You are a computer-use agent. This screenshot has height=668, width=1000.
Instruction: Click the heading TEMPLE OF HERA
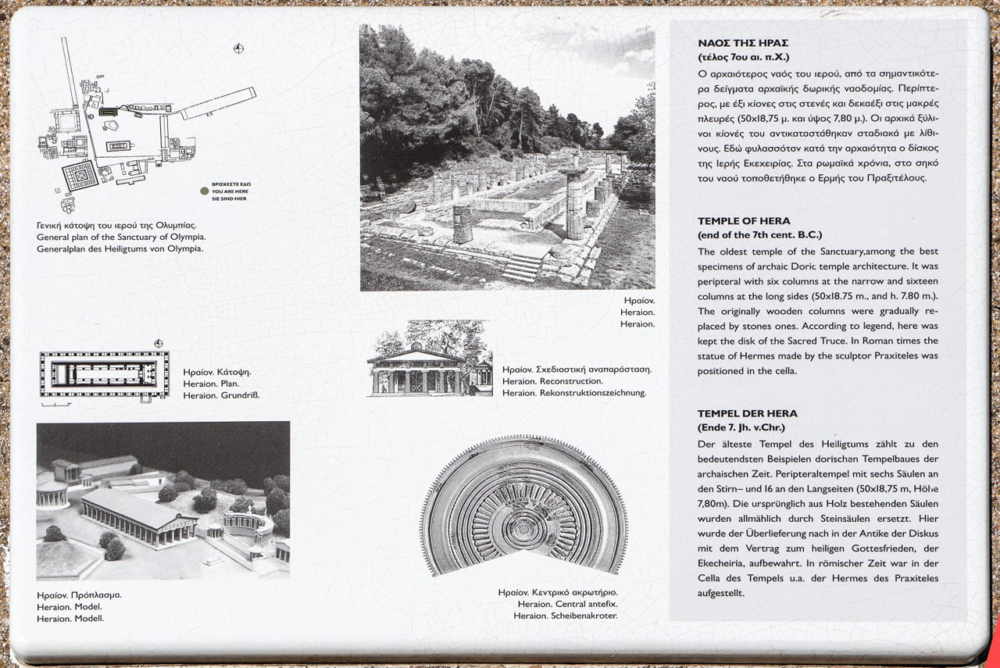click(x=743, y=221)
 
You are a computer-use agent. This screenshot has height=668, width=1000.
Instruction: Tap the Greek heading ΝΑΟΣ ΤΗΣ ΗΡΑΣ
click(x=743, y=44)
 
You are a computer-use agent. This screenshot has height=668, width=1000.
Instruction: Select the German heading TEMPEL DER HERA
click(x=747, y=413)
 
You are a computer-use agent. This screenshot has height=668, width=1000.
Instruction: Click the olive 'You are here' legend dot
click(x=205, y=191)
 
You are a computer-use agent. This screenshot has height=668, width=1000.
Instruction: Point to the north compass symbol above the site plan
click(x=239, y=49)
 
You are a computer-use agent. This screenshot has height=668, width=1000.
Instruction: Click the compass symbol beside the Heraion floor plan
click(x=159, y=344)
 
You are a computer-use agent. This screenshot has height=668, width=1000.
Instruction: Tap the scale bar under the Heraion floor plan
click(x=56, y=405)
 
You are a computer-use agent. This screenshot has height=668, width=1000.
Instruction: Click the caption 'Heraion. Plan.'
click(x=211, y=384)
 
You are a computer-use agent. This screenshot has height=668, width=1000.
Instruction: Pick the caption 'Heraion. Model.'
click(x=69, y=606)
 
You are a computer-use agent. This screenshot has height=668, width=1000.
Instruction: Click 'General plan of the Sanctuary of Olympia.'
click(x=121, y=237)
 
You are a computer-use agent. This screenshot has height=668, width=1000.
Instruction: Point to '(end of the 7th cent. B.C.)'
click(x=759, y=235)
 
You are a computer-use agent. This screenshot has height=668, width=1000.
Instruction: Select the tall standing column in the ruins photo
click(x=575, y=205)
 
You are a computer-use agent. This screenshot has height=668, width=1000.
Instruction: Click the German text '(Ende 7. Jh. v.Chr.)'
click(x=741, y=427)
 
